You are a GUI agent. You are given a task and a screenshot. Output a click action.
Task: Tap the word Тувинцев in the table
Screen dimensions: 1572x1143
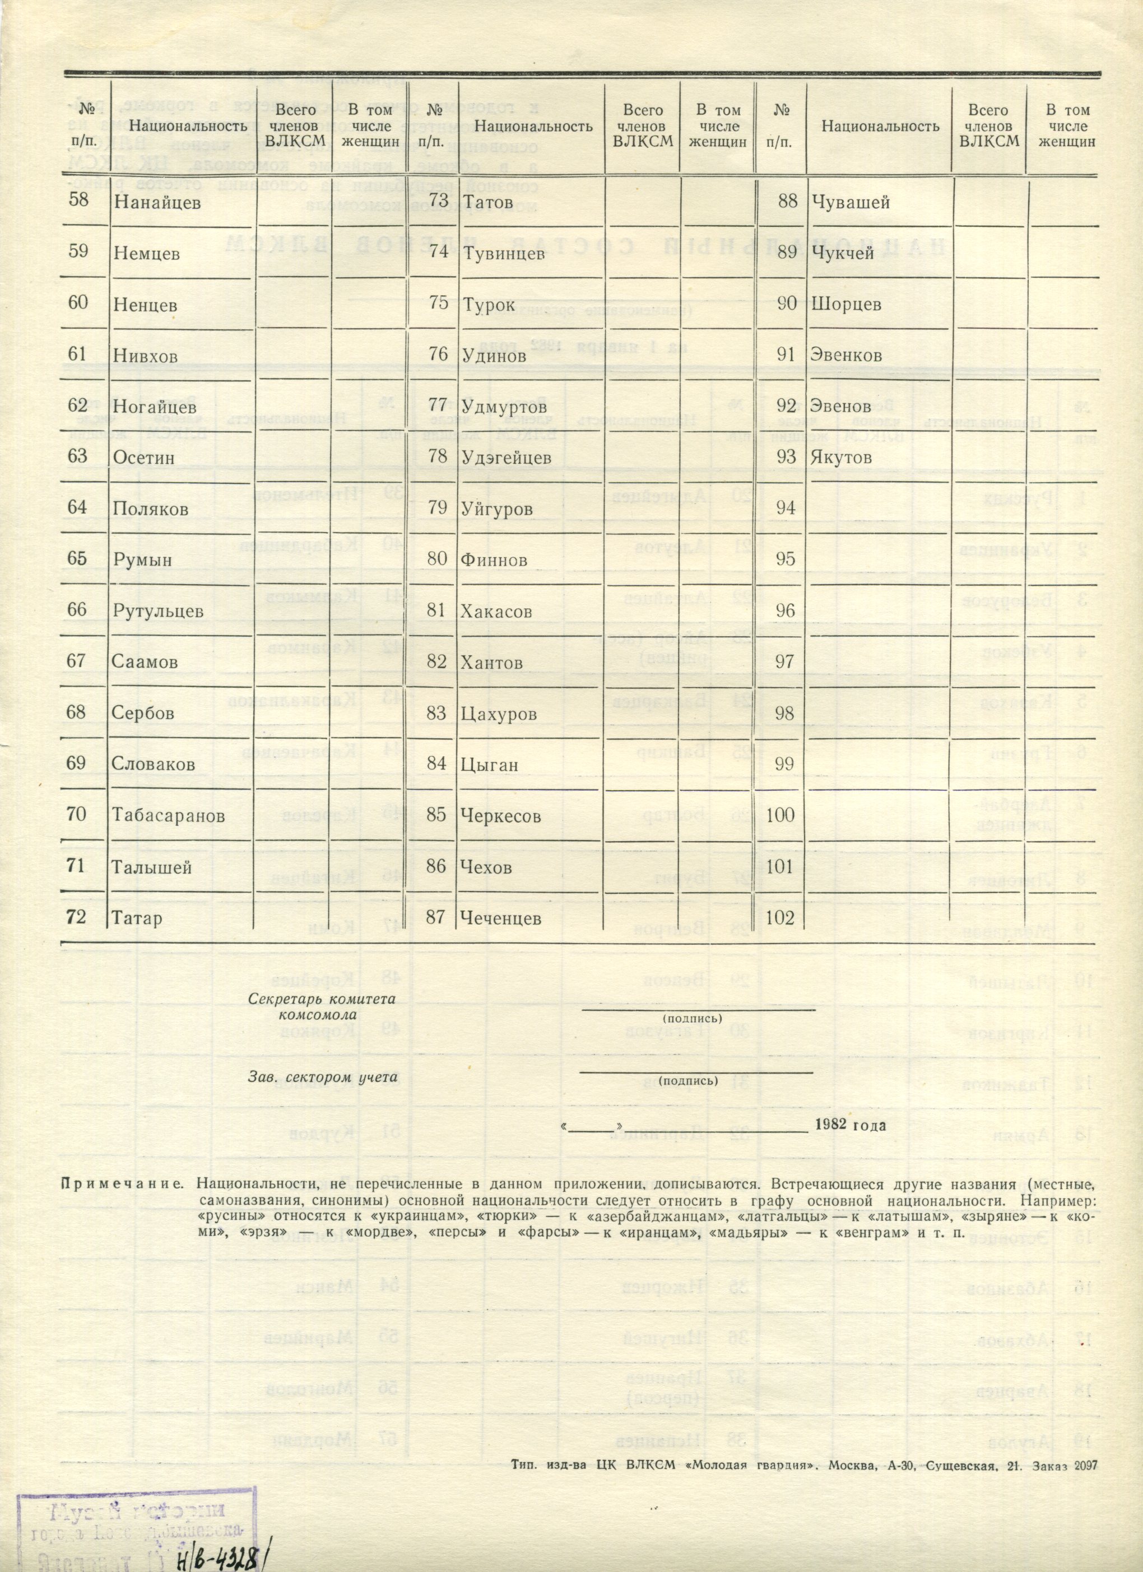[503, 254]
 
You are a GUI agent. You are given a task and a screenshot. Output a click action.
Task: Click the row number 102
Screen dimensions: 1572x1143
[780, 917]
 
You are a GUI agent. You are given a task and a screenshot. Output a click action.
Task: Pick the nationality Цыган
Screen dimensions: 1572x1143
[489, 764]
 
